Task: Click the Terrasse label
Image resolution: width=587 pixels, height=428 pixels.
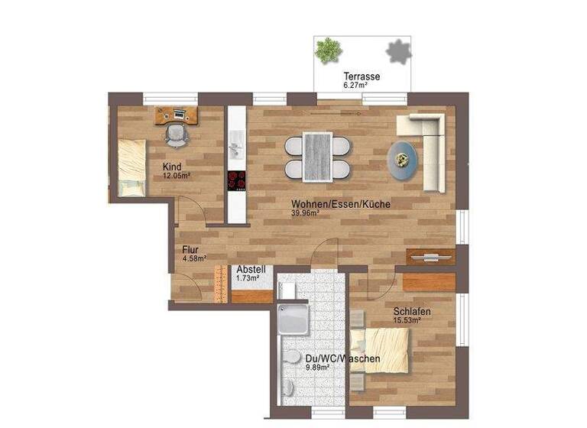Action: click(x=362, y=77)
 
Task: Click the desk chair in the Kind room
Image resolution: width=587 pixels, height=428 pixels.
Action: click(x=177, y=135)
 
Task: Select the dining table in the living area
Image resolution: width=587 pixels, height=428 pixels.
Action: click(x=317, y=157)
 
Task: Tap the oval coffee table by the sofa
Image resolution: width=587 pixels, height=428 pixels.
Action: click(x=403, y=160)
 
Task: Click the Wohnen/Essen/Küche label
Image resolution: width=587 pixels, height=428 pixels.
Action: click(x=341, y=204)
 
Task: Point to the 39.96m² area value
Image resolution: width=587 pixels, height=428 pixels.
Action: click(x=305, y=213)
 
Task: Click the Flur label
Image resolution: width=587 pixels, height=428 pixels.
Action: click(x=190, y=249)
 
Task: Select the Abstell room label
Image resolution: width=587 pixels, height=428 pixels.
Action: click(x=251, y=270)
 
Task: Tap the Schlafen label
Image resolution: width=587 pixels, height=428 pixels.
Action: click(x=412, y=311)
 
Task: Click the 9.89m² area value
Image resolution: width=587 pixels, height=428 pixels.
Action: click(x=316, y=367)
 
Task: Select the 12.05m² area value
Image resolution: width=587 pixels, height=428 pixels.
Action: click(x=176, y=175)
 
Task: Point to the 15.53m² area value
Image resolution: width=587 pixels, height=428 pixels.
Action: click(x=407, y=320)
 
